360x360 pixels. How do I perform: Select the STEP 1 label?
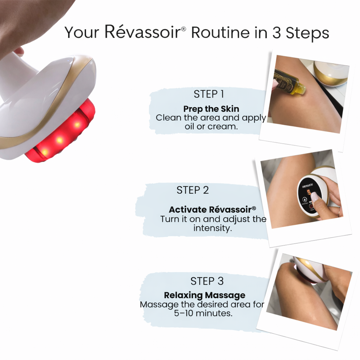pyautogui.click(x=209, y=94)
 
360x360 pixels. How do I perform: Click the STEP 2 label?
pyautogui.click(x=193, y=190)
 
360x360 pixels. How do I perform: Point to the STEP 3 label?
pyautogui.click(x=207, y=281)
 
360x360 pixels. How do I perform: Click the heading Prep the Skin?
pyautogui.click(x=211, y=109)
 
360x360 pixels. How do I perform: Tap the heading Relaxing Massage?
pyautogui.click(x=205, y=295)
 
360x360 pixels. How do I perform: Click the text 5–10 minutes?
pyautogui.click(x=203, y=313)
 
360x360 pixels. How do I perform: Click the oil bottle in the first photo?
pyautogui.click(x=289, y=81)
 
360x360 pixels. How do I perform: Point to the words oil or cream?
pyautogui.click(x=211, y=126)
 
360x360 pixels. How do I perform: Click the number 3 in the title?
pyautogui.click(x=277, y=32)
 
